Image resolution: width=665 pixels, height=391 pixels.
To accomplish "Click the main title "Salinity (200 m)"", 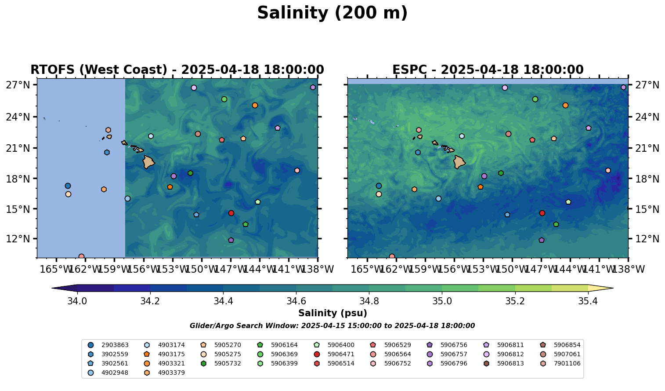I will point(332,13).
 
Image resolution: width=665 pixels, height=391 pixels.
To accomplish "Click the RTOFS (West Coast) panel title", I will point(177,70).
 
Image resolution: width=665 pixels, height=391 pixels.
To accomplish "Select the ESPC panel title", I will point(488,70).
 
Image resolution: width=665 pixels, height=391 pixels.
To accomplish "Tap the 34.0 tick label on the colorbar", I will point(77,301).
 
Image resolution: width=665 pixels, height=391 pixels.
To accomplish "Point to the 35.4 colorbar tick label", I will point(588,301).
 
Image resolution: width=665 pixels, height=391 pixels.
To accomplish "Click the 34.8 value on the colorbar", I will point(369,301).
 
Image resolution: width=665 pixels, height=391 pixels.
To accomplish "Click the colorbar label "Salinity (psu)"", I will point(332,313).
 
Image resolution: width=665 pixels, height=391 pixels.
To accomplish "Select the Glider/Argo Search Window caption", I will point(332,326).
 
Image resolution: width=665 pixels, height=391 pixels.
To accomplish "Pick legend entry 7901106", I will point(567,363).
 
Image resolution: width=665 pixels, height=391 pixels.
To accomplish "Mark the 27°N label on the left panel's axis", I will point(18,84).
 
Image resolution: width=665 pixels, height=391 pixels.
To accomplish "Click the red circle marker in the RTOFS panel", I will point(231,213).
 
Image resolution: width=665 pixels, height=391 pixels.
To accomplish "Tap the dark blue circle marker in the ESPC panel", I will point(379,186).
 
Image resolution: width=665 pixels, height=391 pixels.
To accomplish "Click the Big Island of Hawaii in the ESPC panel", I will point(459,162).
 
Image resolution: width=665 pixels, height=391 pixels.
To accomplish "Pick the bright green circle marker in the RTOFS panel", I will point(224,99).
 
